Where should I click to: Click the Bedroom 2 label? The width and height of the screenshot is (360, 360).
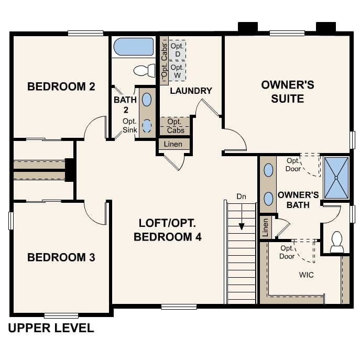pos(61,86)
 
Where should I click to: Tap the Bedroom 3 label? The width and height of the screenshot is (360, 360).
pos(61,257)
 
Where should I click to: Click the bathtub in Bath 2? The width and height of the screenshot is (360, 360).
pos(134,47)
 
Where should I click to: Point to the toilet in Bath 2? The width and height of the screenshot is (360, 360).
pos(145,70)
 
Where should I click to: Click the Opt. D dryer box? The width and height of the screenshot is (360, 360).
pos(177,50)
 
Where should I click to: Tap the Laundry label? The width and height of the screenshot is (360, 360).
pos(191,91)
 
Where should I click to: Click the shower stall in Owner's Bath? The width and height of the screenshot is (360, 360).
pos(336,178)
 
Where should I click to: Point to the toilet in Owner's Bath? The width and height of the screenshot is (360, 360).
pos(336,242)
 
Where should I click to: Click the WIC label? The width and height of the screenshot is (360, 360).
pos(306,275)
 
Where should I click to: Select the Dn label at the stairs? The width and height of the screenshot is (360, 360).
pos(241,197)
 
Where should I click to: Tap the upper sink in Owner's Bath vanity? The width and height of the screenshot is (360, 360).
pos(268,170)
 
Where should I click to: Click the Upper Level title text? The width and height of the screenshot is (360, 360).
pos(51,329)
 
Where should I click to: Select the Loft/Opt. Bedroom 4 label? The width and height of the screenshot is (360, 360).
pos(168,230)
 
